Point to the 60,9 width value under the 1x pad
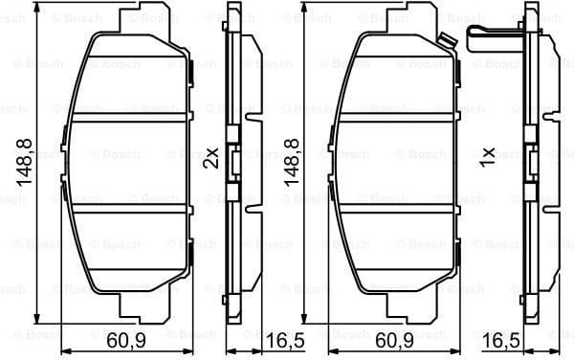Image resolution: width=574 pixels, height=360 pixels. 397,341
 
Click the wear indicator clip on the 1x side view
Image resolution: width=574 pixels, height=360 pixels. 491,36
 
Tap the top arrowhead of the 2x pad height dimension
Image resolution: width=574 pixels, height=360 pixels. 38,19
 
